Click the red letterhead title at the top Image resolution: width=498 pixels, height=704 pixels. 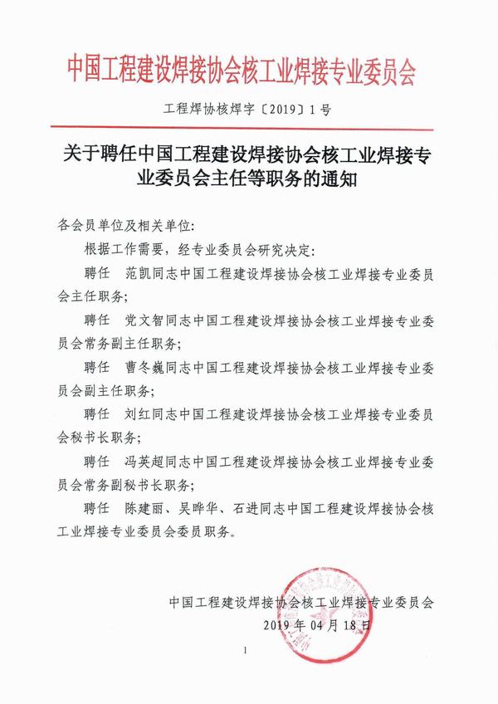pyautogui.click(x=248, y=70)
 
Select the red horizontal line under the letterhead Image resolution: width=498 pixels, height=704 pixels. pyautogui.click(x=248, y=130)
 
